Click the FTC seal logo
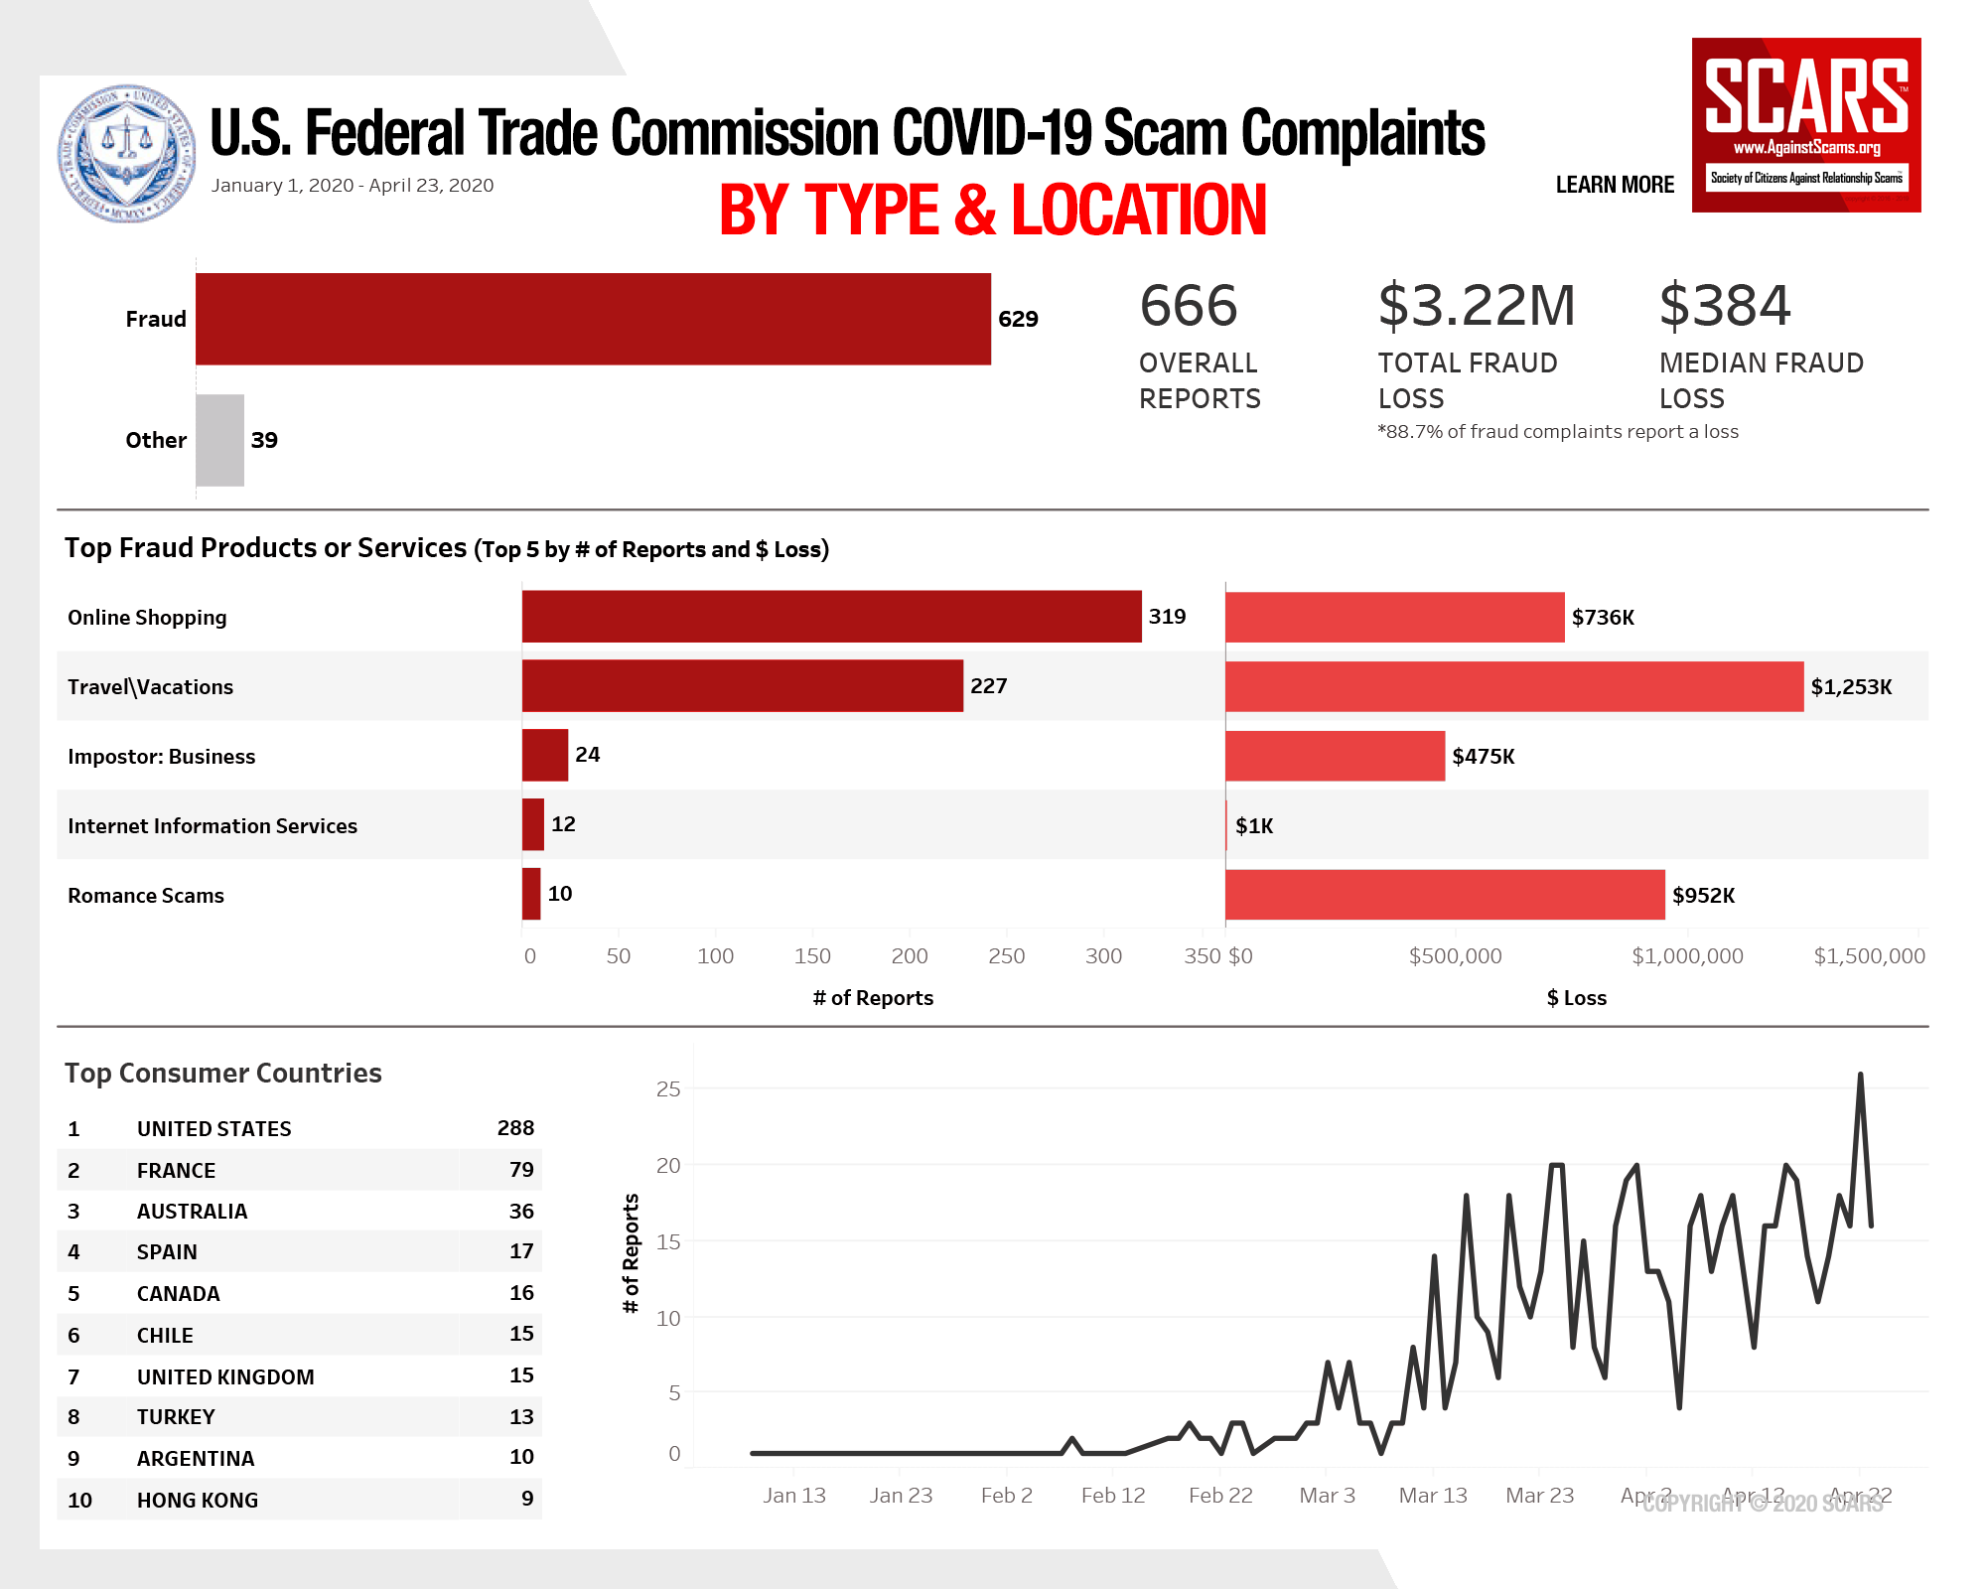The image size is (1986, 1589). pyautogui.click(x=127, y=153)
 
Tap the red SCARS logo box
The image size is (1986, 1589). pyautogui.click(x=1806, y=125)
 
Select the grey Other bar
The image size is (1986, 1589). pyautogui.click(x=219, y=440)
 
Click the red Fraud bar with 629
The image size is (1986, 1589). pyautogui.click(x=593, y=319)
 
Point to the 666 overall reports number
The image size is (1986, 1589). pyautogui.click(x=1189, y=305)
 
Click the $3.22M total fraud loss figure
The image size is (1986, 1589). pyautogui.click(x=1476, y=305)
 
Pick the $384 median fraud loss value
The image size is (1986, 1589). pyautogui.click(x=1725, y=305)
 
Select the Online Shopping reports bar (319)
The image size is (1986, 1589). pyautogui.click(x=831, y=617)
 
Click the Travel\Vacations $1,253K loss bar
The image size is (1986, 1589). pyautogui.click(x=1514, y=686)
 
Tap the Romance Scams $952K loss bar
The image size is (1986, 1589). pyautogui.click(x=1445, y=895)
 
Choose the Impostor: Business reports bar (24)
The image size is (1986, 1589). pyautogui.click(x=545, y=755)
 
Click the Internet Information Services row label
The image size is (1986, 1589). pyautogui.click(x=213, y=826)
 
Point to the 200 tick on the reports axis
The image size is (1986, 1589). pyautogui.click(x=910, y=956)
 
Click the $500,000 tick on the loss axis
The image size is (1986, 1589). pyautogui.click(x=1455, y=956)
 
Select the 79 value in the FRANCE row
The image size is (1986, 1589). pyautogui.click(x=521, y=1170)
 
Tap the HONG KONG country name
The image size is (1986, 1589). pyautogui.click(x=198, y=1501)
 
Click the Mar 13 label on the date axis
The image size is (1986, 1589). pyautogui.click(x=1433, y=1496)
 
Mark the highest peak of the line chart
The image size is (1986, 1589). pyautogui.click(x=1860, y=1075)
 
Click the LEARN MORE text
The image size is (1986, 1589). pyautogui.click(x=1615, y=185)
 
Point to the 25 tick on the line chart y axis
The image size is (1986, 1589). pyautogui.click(x=668, y=1089)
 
